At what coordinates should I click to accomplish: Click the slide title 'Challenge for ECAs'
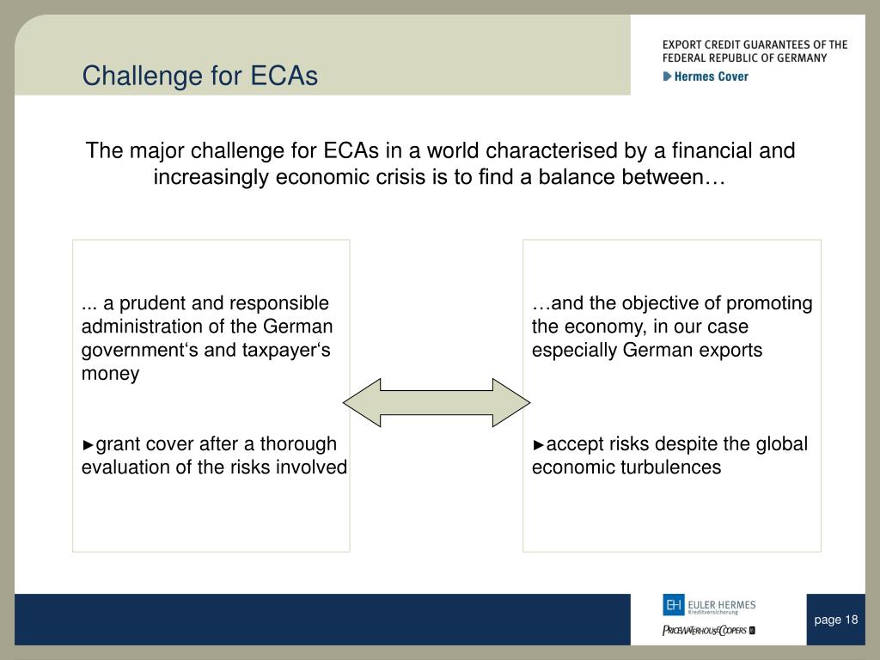point(199,76)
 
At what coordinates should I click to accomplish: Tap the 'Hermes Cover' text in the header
point(711,76)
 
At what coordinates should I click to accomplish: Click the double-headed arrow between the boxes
point(437,402)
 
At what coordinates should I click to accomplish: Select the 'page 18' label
point(835,620)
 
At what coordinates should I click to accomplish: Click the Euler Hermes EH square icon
point(674,605)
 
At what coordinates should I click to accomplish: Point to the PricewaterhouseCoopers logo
point(709,630)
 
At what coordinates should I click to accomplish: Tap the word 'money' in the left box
point(111,374)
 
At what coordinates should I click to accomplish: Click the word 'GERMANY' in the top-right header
point(802,58)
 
